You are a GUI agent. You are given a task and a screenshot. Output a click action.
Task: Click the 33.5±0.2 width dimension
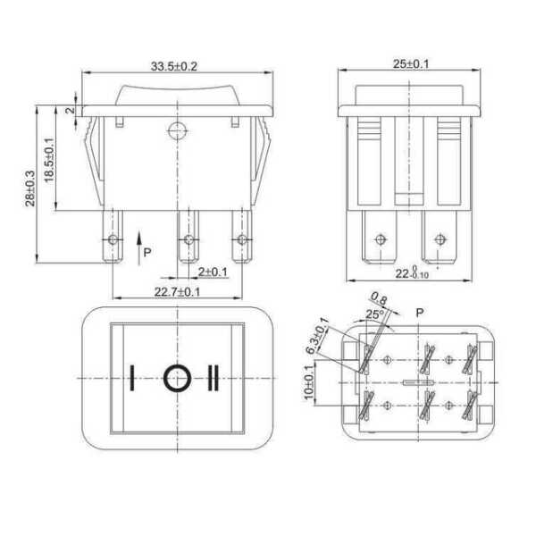(x=174, y=66)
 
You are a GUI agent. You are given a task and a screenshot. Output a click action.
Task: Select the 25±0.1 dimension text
(x=411, y=64)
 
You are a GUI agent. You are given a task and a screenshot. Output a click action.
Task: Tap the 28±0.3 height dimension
(x=30, y=188)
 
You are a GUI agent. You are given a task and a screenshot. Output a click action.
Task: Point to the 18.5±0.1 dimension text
(x=49, y=160)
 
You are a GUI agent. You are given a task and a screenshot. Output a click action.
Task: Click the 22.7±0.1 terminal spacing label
(x=177, y=292)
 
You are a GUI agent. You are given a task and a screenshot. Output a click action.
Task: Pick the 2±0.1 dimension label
(x=213, y=272)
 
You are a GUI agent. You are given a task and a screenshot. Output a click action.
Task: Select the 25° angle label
(x=375, y=314)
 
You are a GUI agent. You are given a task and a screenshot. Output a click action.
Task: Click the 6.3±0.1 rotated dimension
(x=317, y=336)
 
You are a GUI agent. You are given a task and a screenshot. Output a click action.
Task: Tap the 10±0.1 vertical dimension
(x=309, y=381)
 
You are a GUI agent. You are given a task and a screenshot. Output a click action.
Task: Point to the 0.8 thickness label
(x=380, y=298)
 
